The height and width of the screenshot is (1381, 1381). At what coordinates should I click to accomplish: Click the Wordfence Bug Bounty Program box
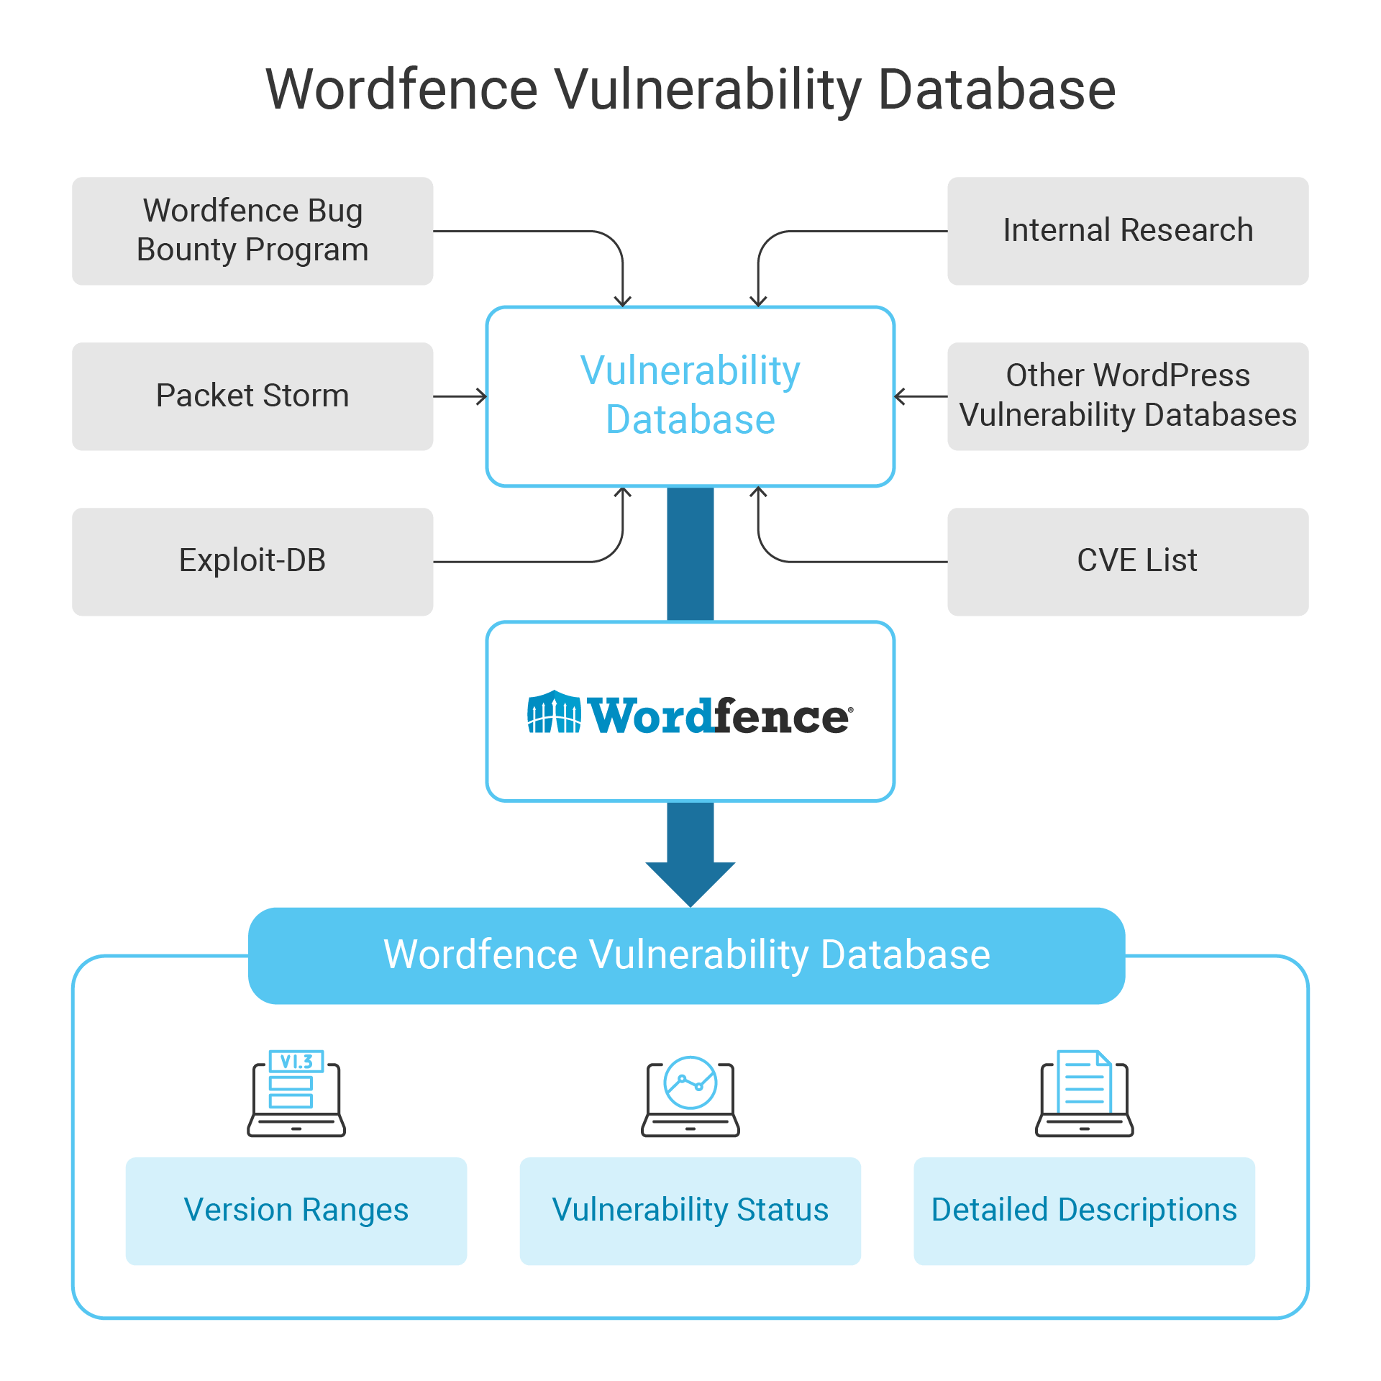click(x=252, y=231)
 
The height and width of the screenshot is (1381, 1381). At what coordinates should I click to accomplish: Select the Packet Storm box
click(x=252, y=396)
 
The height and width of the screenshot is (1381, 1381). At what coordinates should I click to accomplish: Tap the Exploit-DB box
click(x=252, y=562)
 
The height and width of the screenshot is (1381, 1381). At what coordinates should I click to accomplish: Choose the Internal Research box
click(x=1128, y=231)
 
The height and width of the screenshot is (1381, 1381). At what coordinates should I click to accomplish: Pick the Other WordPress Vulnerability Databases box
click(x=1128, y=396)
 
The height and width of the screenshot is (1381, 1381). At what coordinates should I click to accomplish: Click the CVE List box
click(x=1128, y=562)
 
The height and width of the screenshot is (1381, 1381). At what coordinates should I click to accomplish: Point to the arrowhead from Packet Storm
click(x=482, y=396)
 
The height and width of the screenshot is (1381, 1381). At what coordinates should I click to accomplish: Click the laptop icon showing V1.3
click(x=296, y=1093)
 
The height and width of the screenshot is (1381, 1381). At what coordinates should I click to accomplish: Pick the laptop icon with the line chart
click(x=690, y=1095)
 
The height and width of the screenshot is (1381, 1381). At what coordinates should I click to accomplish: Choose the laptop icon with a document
click(x=1085, y=1093)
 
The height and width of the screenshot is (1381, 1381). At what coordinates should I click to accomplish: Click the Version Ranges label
click(x=296, y=1210)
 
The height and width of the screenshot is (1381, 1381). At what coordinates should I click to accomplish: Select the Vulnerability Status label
click(x=690, y=1210)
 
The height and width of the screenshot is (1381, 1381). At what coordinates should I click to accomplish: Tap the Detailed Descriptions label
click(x=1085, y=1210)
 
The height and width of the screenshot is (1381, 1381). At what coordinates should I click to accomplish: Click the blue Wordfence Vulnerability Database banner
click(x=687, y=955)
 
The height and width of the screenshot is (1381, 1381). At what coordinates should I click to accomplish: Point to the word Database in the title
click(x=997, y=90)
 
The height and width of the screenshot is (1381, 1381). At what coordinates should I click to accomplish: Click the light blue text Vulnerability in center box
click(x=690, y=371)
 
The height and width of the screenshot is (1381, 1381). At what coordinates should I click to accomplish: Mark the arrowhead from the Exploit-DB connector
click(x=623, y=493)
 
